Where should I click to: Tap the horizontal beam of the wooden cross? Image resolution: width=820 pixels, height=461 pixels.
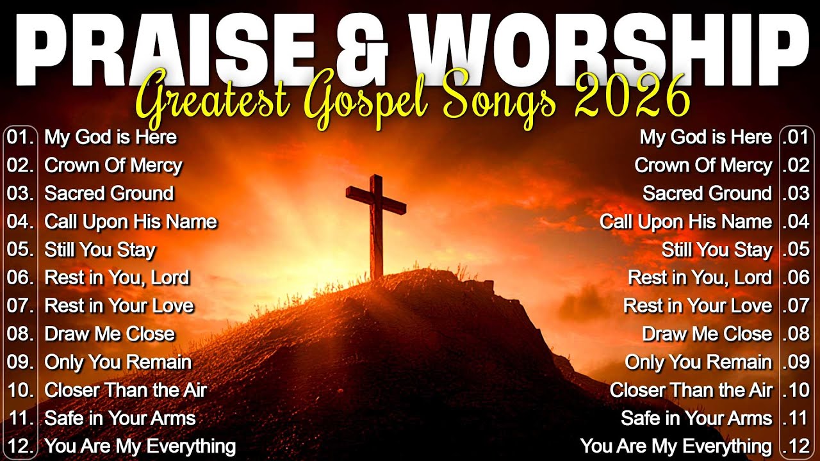pyautogui.click(x=376, y=199)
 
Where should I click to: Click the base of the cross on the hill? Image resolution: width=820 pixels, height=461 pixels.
pyautogui.click(x=376, y=272)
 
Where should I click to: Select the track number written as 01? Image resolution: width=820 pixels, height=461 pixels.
pyautogui.click(x=20, y=137)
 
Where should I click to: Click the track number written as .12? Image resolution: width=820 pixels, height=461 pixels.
pyautogui.click(x=796, y=446)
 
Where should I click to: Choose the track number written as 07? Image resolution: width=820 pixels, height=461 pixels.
pyautogui.click(x=20, y=306)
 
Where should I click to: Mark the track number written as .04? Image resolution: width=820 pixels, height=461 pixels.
pyautogui.click(x=796, y=222)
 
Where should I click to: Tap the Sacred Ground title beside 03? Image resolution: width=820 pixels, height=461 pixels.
pyautogui.click(x=109, y=193)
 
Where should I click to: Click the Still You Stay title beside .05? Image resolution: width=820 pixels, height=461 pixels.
pyautogui.click(x=716, y=250)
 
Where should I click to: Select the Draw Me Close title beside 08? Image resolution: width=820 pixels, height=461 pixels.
pyautogui.click(x=110, y=334)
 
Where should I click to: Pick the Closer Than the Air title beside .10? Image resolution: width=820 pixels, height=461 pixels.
pyautogui.click(x=691, y=390)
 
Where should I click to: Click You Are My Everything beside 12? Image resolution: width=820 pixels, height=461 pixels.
pyautogui.click(x=140, y=446)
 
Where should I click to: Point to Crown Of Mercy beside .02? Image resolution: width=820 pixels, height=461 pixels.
pyautogui.click(x=703, y=165)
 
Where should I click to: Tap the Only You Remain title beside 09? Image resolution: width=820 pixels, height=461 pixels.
pyautogui.click(x=118, y=362)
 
